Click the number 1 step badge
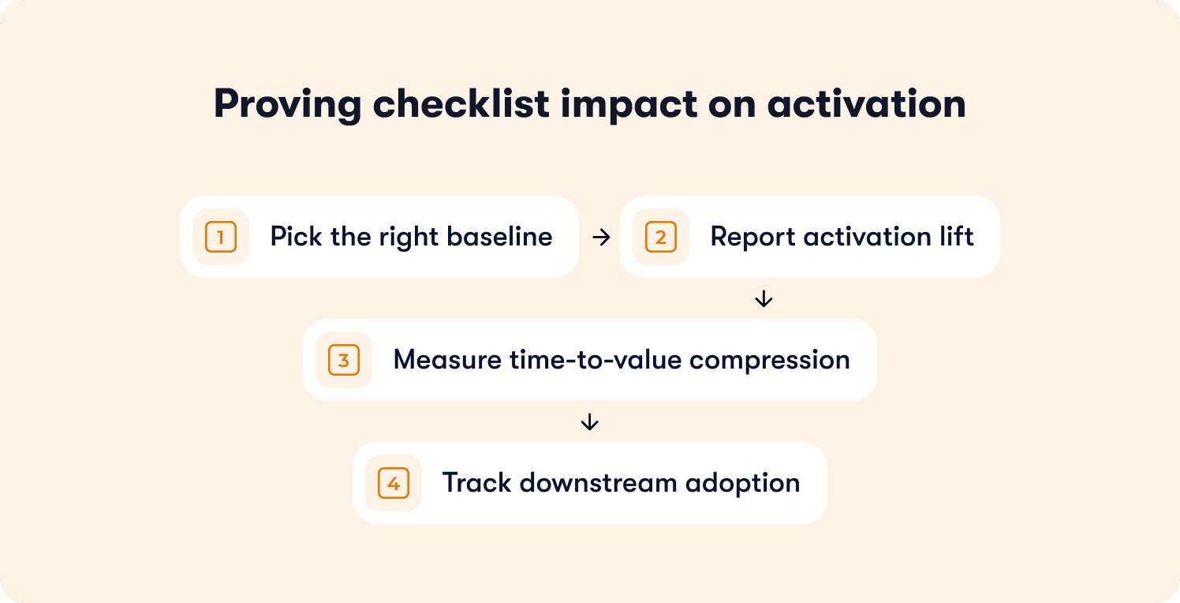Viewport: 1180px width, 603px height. (x=221, y=237)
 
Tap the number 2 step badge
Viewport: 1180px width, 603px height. (x=660, y=237)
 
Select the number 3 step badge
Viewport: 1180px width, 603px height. (x=343, y=360)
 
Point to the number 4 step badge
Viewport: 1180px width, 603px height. (x=394, y=483)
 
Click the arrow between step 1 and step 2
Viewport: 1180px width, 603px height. (x=601, y=238)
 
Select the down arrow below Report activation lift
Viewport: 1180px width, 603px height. (x=764, y=299)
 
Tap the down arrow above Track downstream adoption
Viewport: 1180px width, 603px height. (x=589, y=421)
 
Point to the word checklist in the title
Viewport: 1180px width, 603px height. (x=461, y=103)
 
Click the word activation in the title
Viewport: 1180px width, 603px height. (x=867, y=103)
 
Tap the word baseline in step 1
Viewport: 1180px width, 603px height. (x=499, y=236)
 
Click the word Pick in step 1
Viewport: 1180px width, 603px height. (x=296, y=236)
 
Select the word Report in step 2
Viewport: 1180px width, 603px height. (x=752, y=238)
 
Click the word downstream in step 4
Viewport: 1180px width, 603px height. (x=598, y=483)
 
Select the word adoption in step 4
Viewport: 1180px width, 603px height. (x=742, y=484)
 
